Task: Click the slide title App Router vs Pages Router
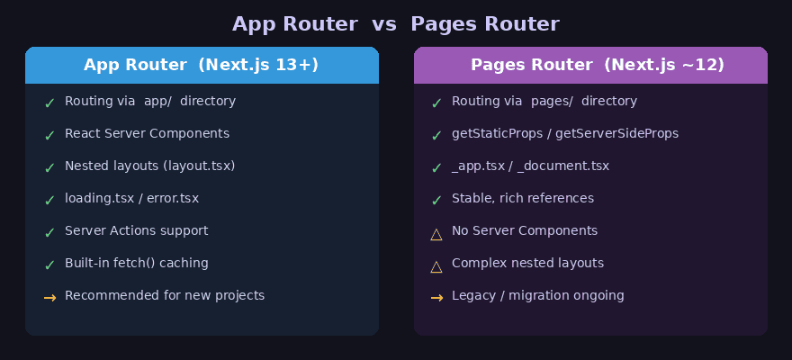click(396, 24)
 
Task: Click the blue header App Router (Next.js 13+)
click(202, 65)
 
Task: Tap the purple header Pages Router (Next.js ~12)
click(590, 65)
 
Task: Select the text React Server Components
click(147, 133)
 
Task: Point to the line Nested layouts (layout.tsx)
click(149, 166)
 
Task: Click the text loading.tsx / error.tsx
click(131, 198)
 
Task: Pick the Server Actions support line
click(136, 230)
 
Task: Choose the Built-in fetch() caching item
click(136, 263)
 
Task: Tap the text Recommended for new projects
click(165, 295)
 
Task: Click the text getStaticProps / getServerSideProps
click(565, 133)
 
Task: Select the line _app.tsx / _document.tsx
click(530, 166)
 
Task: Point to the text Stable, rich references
click(523, 198)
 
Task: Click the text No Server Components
click(525, 230)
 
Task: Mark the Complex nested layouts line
click(527, 263)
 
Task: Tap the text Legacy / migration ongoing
click(538, 295)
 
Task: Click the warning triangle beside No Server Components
click(436, 234)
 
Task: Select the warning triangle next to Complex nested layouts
click(436, 266)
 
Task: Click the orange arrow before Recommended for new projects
click(49, 297)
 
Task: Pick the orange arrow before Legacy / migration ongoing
click(436, 297)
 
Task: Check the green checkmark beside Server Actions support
click(49, 232)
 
